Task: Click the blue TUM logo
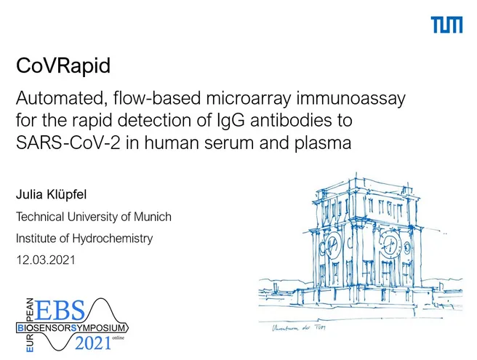pyautogui.click(x=446, y=25)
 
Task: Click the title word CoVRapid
pyautogui.click(x=63, y=65)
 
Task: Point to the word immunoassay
pyautogui.click(x=351, y=99)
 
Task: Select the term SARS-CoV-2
pyautogui.click(x=68, y=143)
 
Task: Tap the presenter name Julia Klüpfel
pyautogui.click(x=51, y=194)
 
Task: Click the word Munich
pyautogui.click(x=153, y=217)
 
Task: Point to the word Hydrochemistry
pyautogui.click(x=112, y=239)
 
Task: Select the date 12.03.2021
pyautogui.click(x=46, y=260)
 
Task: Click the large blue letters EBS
pyautogui.click(x=60, y=310)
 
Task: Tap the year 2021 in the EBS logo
pyautogui.click(x=93, y=343)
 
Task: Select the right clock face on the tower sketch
pyautogui.click(x=390, y=243)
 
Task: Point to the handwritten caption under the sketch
pyautogui.click(x=298, y=328)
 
